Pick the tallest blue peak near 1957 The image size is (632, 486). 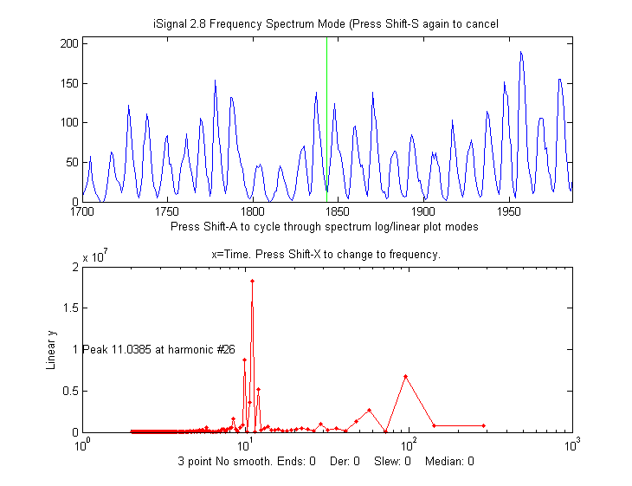click(521, 52)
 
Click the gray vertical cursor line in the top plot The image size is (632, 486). click(326, 121)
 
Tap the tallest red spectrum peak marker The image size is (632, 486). click(252, 281)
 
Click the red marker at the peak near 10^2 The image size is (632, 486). click(405, 376)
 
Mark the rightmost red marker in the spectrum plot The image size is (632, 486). click(484, 425)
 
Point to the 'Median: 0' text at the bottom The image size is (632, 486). click(449, 461)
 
